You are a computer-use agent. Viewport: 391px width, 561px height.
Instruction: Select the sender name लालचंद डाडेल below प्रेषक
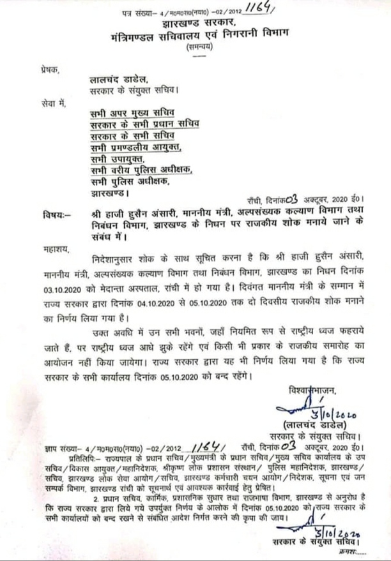pos(119,80)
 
